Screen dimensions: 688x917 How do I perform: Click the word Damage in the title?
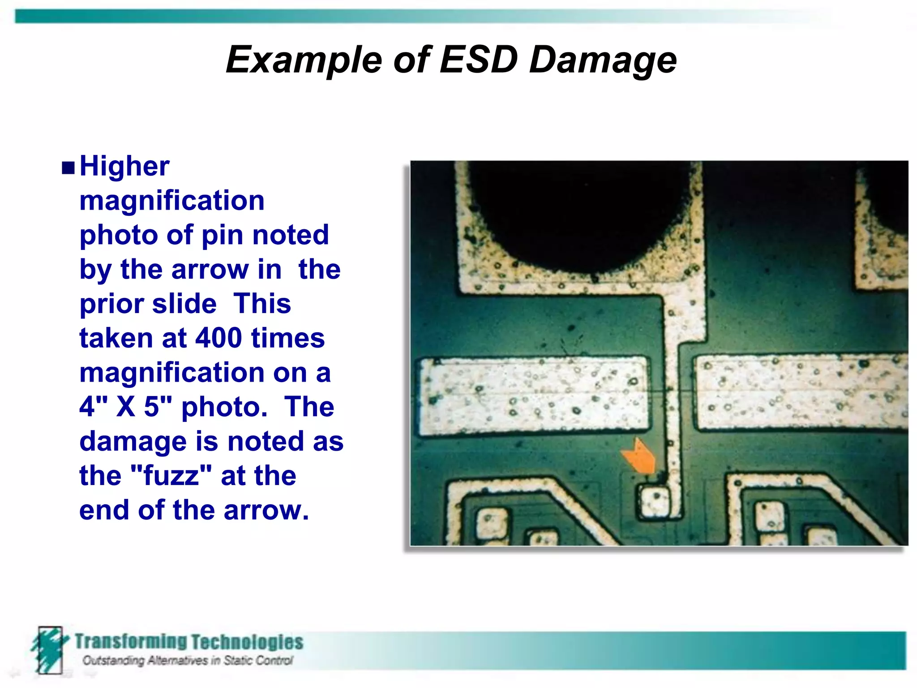603,60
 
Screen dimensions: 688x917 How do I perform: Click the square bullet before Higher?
68,168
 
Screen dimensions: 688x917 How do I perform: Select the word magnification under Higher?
172,200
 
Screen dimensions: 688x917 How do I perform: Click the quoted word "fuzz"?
171,475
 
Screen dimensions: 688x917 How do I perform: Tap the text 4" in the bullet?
94,407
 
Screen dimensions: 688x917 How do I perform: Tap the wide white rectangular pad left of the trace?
534,395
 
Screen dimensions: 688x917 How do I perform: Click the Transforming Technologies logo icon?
49,650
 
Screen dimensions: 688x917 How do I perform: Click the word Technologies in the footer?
247,642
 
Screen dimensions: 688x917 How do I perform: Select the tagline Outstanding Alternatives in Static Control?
188,661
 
